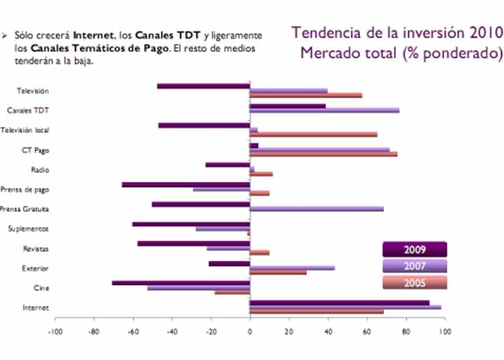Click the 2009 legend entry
tap(414, 250)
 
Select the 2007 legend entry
tap(414, 266)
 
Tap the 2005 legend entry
tap(414, 283)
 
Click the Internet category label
tap(35, 308)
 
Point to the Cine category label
tap(41, 288)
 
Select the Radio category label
tap(39, 170)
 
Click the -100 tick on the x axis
tap(55, 330)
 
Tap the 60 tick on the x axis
tap(366, 330)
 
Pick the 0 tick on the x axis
tap(250, 330)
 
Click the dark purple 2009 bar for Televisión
tap(203, 86)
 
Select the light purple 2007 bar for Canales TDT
tap(324, 110)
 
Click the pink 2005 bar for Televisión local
tap(314, 134)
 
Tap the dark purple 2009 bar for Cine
tap(181, 283)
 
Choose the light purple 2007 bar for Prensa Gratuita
tap(316, 209)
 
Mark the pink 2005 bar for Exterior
tap(278, 273)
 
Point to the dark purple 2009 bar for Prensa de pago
tap(186, 185)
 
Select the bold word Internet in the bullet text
tap(92, 36)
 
